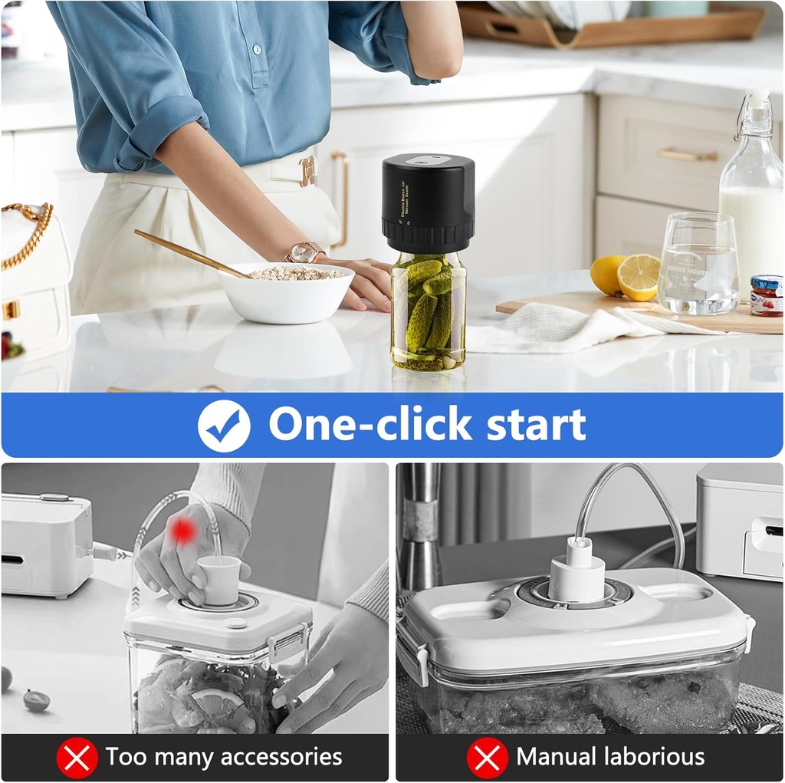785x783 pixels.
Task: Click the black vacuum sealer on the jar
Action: click(x=428, y=202)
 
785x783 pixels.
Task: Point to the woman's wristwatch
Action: click(x=304, y=252)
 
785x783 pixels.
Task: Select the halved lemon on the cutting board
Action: click(x=638, y=276)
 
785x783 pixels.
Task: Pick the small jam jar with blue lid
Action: click(x=766, y=295)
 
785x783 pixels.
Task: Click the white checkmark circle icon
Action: click(x=224, y=426)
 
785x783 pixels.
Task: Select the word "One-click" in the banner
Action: click(x=370, y=424)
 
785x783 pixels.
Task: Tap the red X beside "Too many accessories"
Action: click(x=77, y=758)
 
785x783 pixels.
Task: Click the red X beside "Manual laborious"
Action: click(x=488, y=758)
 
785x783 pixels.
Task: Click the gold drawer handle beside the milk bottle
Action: click(x=686, y=155)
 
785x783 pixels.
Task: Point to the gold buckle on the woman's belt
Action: click(x=307, y=171)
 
